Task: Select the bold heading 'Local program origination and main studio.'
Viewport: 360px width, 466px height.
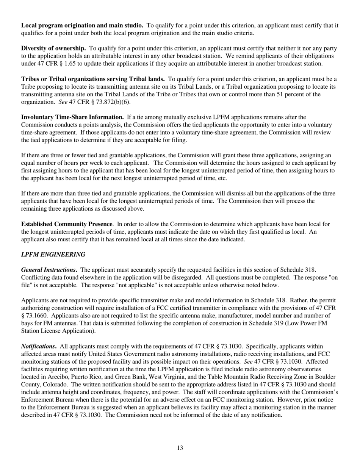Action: pos(82,25)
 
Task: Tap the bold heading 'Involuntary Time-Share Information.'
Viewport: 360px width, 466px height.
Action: pos(72,117)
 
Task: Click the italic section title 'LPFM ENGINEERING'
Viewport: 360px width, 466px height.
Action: pos(53,254)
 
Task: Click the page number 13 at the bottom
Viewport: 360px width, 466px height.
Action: pos(180,448)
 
